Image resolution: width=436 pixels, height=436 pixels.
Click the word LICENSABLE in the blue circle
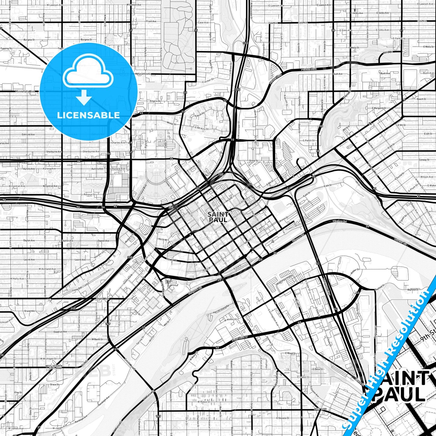(88, 115)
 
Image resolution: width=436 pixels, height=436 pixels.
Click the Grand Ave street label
(102, 299)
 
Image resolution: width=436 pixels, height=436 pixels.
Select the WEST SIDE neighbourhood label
(320, 409)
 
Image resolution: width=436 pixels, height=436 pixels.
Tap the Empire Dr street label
(155, 101)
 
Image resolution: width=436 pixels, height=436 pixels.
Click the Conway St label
(424, 160)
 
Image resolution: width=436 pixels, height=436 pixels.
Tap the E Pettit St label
(309, 141)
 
